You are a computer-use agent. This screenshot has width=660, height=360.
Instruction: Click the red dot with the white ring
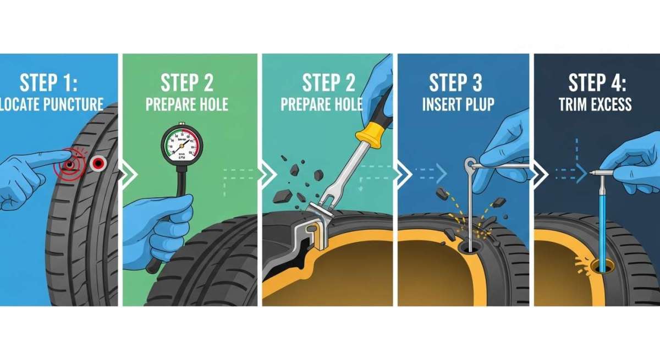click(x=98, y=162)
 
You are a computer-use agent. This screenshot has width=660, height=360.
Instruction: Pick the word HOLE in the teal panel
click(x=346, y=104)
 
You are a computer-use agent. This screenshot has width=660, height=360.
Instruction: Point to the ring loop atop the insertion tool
click(x=469, y=163)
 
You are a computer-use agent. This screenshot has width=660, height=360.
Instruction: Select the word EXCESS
click(x=612, y=104)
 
